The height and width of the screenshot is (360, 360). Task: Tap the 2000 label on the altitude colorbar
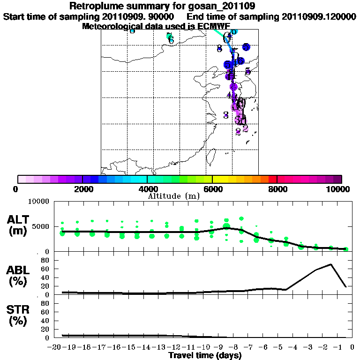tap(82, 189)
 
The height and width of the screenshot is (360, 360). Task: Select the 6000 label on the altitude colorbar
tap(212, 189)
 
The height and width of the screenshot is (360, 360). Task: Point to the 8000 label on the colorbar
tap(277, 189)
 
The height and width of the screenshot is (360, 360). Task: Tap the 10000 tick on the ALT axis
tap(40, 202)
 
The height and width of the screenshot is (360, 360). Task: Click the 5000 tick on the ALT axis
tap(42, 227)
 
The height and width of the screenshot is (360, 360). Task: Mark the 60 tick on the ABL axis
tap(45, 269)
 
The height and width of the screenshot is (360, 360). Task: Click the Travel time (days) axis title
tap(205, 355)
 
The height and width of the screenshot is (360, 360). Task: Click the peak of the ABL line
tap(331, 264)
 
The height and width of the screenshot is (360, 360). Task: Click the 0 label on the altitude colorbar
tap(16, 189)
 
